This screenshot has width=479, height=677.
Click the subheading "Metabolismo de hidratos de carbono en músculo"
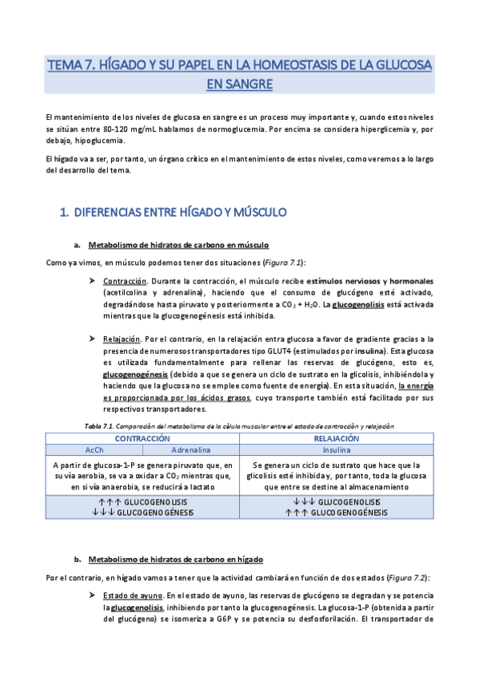coord(178,245)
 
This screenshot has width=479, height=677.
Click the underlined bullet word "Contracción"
coord(125,282)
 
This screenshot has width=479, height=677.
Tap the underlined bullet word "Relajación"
coord(123,339)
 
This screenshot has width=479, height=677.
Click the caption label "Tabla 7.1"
coord(100,426)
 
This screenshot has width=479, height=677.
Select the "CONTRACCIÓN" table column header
coord(142,438)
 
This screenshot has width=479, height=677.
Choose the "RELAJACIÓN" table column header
coord(336,438)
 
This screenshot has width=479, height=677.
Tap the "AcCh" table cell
coord(94,449)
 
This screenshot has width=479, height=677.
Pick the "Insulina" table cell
coord(336,449)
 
